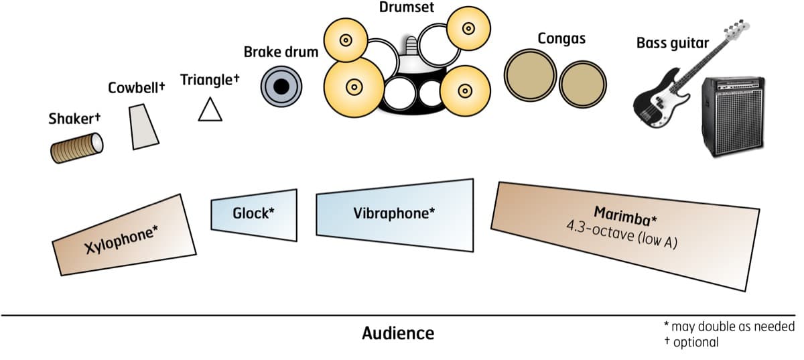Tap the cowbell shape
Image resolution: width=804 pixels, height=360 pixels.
tap(144, 127)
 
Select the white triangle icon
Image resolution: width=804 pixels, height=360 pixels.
tap(210, 109)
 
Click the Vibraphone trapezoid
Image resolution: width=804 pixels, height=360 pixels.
tap(393, 214)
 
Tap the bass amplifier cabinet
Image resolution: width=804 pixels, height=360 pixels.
tap(734, 117)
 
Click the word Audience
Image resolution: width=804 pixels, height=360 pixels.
tap(398, 333)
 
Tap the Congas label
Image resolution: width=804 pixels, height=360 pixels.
tap(561, 38)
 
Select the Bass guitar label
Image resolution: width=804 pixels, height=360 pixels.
tap(672, 44)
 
